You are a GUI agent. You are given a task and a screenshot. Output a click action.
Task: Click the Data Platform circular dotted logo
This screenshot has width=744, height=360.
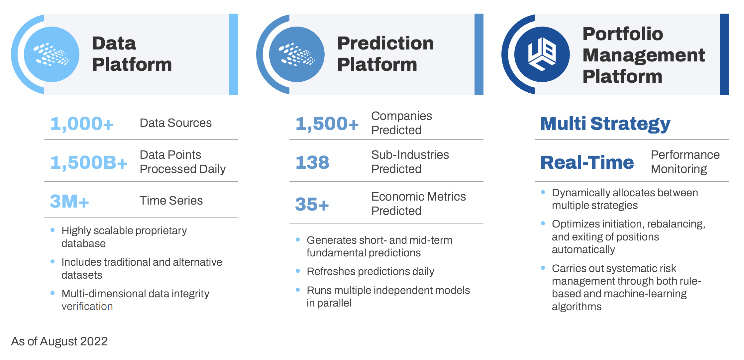point(52,54)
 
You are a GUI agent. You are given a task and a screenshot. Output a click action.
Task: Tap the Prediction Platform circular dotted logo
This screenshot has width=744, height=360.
point(297,54)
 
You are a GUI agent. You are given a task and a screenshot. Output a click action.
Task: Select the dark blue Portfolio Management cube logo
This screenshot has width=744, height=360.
point(542,54)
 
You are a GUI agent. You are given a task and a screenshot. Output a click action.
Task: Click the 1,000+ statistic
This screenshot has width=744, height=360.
point(82,124)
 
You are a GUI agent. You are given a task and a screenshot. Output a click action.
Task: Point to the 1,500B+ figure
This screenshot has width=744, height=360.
point(89,162)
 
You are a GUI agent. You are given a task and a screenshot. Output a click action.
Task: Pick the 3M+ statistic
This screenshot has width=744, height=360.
point(69,201)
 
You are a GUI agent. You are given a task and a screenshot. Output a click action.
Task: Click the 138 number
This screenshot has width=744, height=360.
point(312,162)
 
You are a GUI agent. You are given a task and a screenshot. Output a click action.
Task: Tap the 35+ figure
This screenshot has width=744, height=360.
point(312,204)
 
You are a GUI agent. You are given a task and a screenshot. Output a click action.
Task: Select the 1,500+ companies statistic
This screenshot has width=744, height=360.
point(327,124)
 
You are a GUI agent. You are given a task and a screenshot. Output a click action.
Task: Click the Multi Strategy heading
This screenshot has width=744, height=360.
point(605,124)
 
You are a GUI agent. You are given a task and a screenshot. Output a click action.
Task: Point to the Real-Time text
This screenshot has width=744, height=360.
point(587,162)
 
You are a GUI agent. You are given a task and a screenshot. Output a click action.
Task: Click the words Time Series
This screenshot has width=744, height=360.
point(171,201)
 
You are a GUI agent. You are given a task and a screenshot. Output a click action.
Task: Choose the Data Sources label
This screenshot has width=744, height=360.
point(176,123)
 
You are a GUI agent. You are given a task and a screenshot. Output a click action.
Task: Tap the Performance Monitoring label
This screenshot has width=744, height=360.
point(685,162)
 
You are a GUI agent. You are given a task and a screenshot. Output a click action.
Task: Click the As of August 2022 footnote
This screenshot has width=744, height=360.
point(59,341)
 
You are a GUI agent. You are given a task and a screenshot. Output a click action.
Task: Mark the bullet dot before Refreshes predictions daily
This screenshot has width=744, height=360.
point(298,271)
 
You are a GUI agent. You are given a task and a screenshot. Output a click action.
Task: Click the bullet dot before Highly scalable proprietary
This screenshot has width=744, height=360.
point(53,230)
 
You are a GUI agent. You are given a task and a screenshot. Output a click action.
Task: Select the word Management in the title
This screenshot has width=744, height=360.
point(644,55)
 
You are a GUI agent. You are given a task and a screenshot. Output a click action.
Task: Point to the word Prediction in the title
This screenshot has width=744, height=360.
point(385,43)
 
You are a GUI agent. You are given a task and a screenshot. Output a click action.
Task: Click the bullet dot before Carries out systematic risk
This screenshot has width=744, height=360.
point(543,268)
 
